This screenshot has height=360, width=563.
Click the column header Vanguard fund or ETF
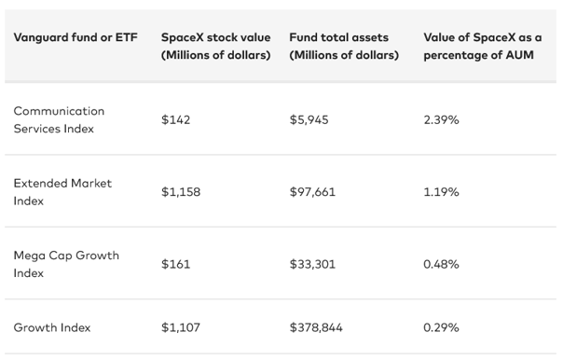coord(76,37)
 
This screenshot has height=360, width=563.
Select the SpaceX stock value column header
coord(216,46)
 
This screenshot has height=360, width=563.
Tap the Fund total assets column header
coord(344,46)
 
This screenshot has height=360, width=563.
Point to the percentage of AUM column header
coord(483,46)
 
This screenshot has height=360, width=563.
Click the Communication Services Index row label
coord(59,119)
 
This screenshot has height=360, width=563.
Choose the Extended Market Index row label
coord(62,192)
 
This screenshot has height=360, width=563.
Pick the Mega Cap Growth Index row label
coord(66,264)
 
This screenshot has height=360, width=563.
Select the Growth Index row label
coord(52,327)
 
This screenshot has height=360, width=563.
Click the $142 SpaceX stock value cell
coord(175,119)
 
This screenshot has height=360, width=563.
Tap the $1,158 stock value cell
coord(181,192)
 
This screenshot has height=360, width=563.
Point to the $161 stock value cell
coord(175,264)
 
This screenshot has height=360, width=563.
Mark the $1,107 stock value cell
coord(181,327)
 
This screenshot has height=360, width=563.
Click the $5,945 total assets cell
coord(309,119)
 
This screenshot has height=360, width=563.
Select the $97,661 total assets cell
coord(312,192)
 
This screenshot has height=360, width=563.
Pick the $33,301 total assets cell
coord(312,264)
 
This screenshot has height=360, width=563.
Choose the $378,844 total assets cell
coord(316,327)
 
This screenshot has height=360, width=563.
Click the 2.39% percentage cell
coord(441,119)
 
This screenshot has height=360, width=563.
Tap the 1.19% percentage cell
coord(441,192)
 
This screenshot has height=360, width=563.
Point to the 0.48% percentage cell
coord(441,264)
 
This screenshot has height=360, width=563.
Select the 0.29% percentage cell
coord(441,327)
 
